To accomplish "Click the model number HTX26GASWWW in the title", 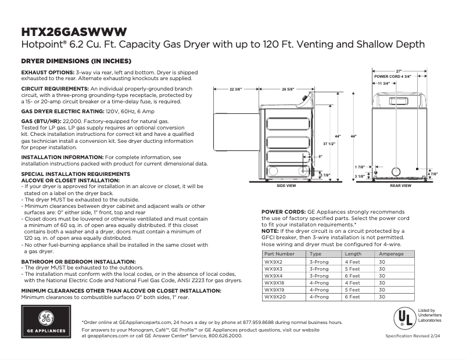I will click(74, 31).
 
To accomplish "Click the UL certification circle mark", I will click(403, 319).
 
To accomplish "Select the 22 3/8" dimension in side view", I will click(236, 89).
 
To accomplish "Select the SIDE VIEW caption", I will click(286, 186).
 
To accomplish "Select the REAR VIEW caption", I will click(400, 186).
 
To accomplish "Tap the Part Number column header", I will click(279, 254).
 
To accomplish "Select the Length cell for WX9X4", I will click(353, 276).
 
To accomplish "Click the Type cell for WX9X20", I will click(319, 297).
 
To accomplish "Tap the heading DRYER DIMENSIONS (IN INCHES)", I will click(76, 61).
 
